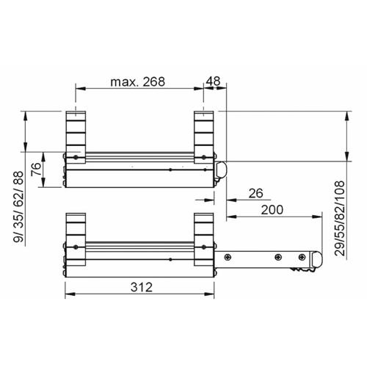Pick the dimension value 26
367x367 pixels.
pyautogui.click(x=255, y=194)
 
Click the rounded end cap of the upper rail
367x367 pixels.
pyautogui.click(x=222, y=170)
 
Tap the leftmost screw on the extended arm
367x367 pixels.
pyautogui.click(x=228, y=257)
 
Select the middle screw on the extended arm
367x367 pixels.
pyautogui.click(x=277, y=257)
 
